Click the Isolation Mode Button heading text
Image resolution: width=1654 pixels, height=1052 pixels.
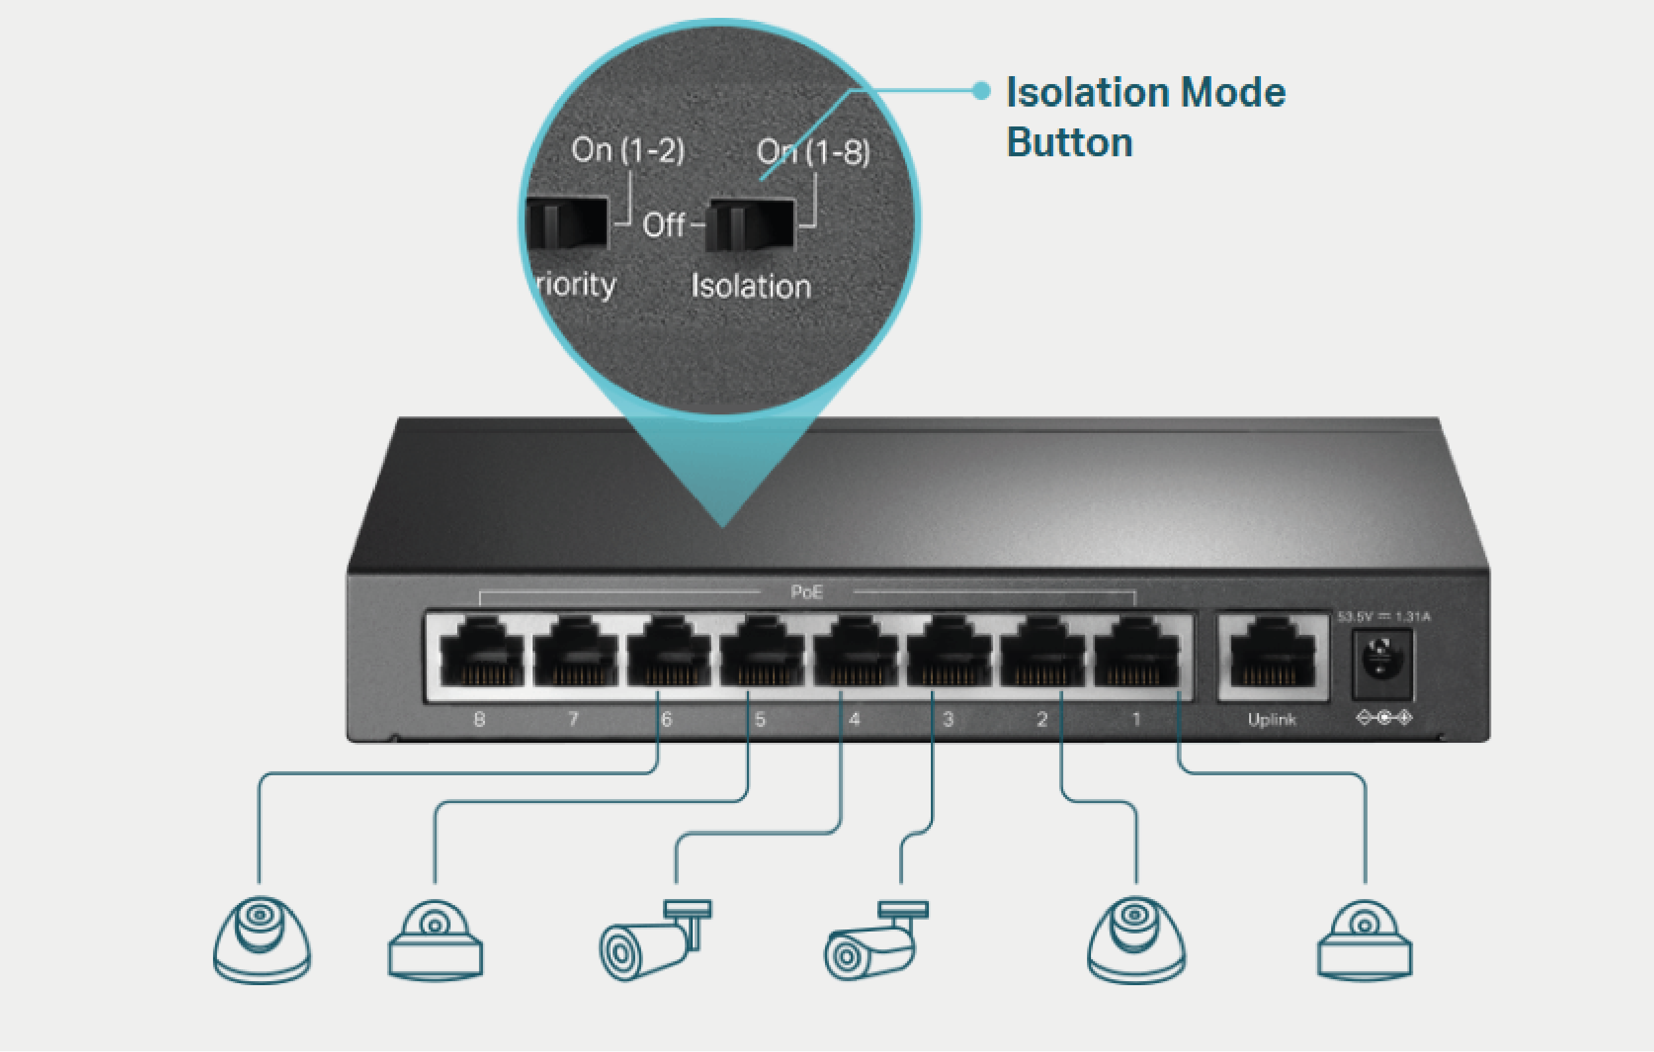pos(1145,117)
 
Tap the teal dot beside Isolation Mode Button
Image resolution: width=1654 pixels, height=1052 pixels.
pos(982,91)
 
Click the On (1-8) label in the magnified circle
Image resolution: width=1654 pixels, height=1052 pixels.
pos(813,152)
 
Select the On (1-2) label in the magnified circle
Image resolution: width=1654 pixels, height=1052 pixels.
pos(628,150)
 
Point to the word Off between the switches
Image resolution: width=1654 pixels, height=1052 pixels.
pos(664,225)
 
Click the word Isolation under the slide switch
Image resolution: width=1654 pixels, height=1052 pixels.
pos(751,287)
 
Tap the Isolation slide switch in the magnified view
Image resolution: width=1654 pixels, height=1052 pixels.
pos(752,224)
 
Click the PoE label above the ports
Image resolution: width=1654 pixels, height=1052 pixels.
pos(806,593)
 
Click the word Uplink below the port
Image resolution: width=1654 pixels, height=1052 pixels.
pos(1272,720)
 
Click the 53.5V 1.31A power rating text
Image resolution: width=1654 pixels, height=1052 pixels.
pos(1383,617)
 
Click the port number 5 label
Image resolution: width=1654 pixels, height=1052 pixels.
pos(760,720)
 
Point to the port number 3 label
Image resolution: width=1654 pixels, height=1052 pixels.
pos(948,720)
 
